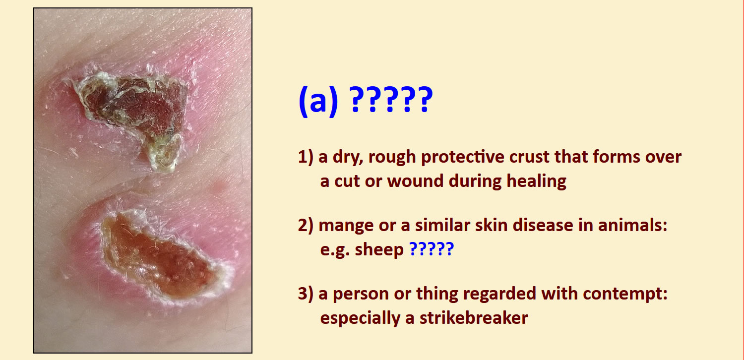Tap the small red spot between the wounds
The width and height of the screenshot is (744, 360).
(218, 187)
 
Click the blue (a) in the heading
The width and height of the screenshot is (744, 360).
(318, 101)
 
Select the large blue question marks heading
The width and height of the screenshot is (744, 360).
(391, 100)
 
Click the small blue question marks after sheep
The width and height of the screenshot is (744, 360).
(432, 249)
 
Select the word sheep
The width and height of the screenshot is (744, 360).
(379, 250)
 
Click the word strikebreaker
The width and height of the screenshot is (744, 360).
(474, 318)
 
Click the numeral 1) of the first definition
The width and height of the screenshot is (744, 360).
(306, 157)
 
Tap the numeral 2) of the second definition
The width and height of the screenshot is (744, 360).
(306, 226)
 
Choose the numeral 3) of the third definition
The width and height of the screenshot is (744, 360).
(306, 294)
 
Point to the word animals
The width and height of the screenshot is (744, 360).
(632, 225)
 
